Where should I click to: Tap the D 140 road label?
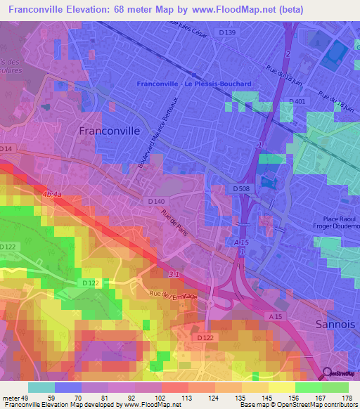coord(157,202)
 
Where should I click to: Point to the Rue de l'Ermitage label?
coord(174,296)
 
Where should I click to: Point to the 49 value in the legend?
coord(24,397)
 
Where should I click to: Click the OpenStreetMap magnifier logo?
coord(327,375)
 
